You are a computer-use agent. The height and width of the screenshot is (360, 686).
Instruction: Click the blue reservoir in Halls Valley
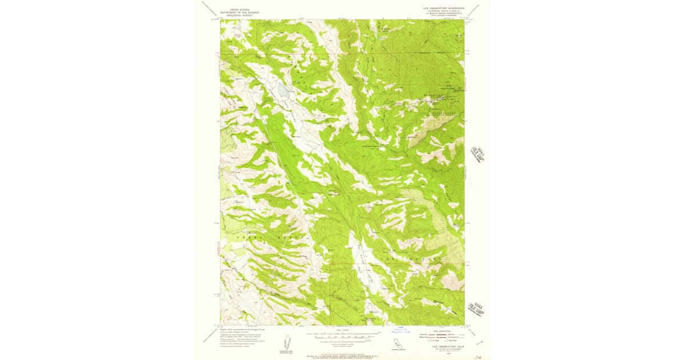(x=282, y=90)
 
